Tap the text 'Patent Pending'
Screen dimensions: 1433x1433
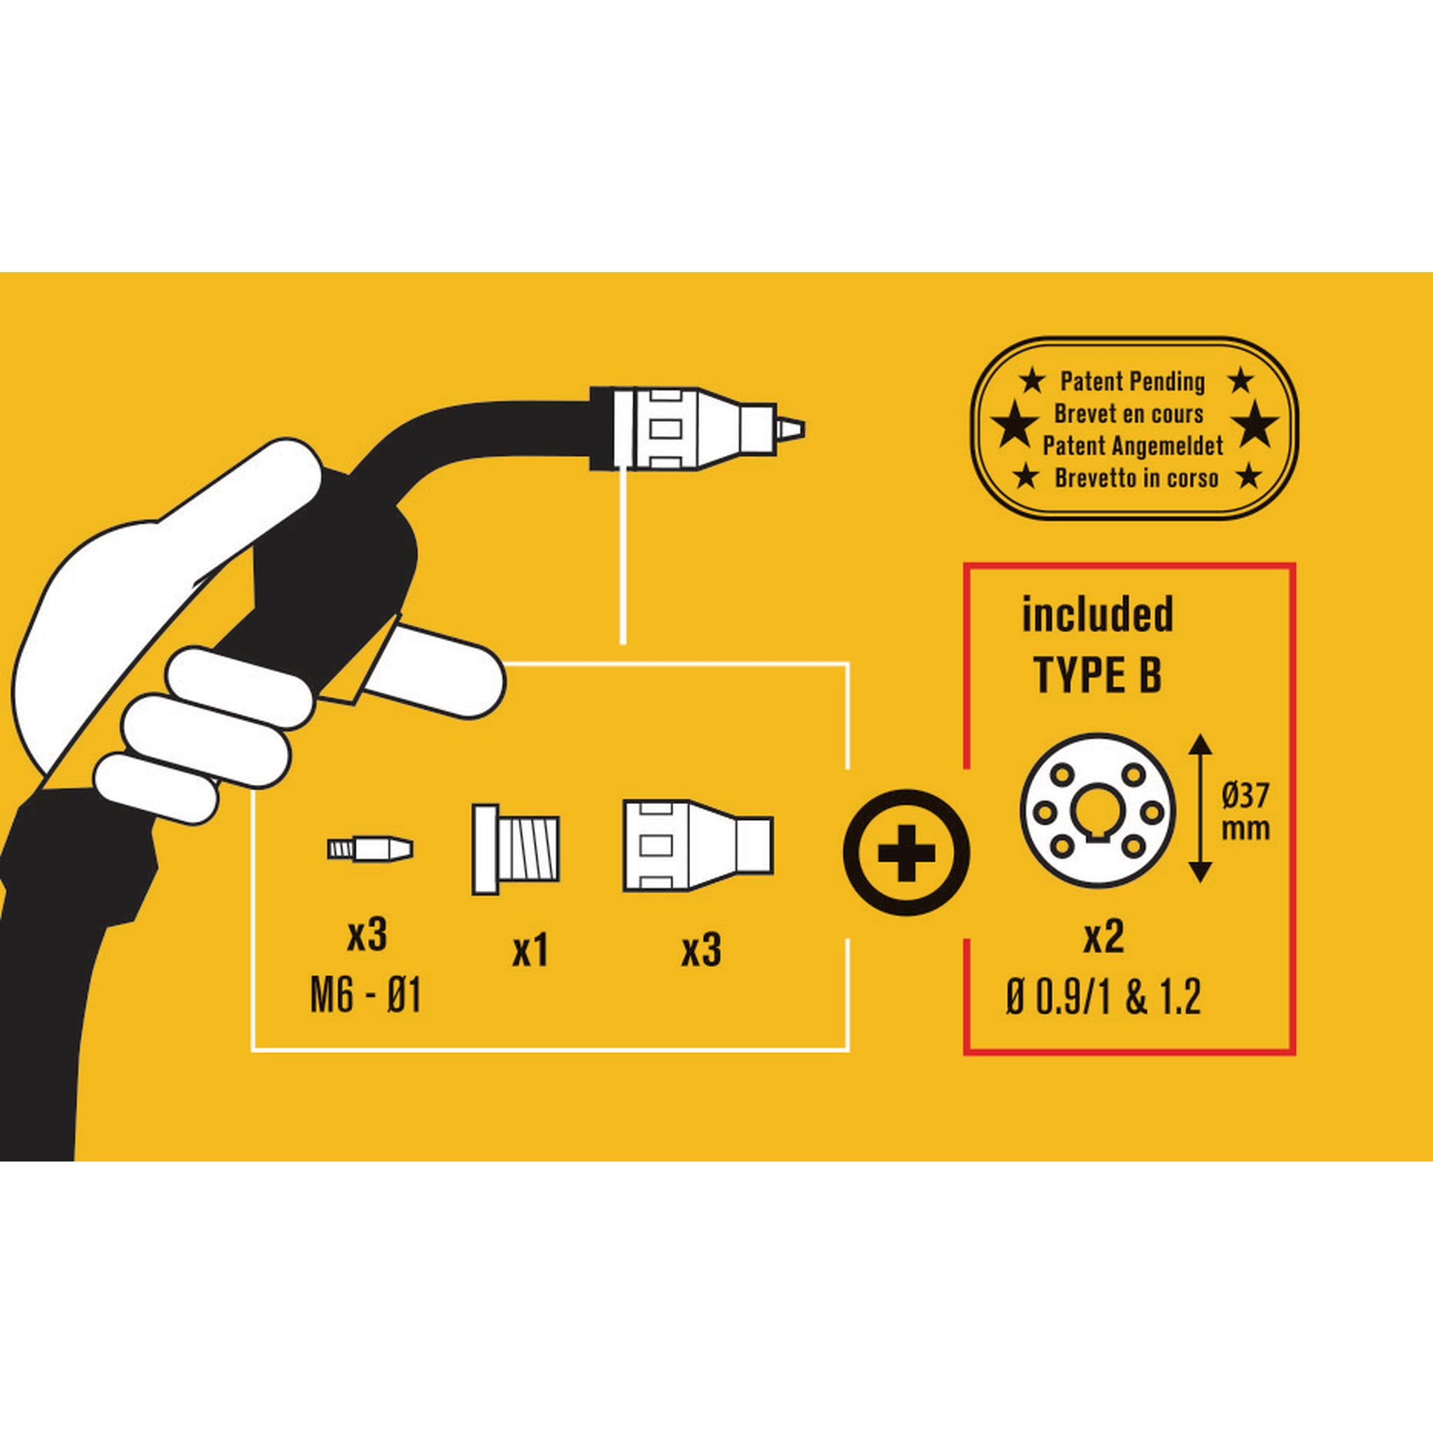click(x=1133, y=382)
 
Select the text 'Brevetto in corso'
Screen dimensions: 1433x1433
click(x=1136, y=479)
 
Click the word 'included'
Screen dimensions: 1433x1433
click(x=1098, y=615)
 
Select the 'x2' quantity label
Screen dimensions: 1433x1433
click(x=1103, y=938)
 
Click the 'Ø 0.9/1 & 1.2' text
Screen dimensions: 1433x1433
click(x=1103, y=996)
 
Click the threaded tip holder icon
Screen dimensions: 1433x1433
click(x=516, y=849)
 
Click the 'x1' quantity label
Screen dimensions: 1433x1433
click(x=530, y=950)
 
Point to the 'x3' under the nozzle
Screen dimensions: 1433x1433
click(x=701, y=950)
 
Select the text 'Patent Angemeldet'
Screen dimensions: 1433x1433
click(x=1133, y=446)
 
